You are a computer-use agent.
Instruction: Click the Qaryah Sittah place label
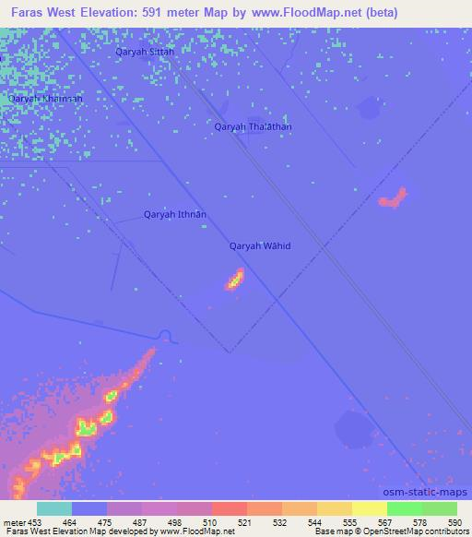pos(145,53)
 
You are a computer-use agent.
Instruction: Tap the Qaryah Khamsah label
pos(45,98)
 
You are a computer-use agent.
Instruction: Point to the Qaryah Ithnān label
pos(174,215)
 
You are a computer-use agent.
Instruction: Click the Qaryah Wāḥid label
pos(260,246)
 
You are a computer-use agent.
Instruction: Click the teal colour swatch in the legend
pos(54,508)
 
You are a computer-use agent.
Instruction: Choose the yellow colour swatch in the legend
pos(369,508)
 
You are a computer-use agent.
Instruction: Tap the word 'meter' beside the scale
pos(13,522)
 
